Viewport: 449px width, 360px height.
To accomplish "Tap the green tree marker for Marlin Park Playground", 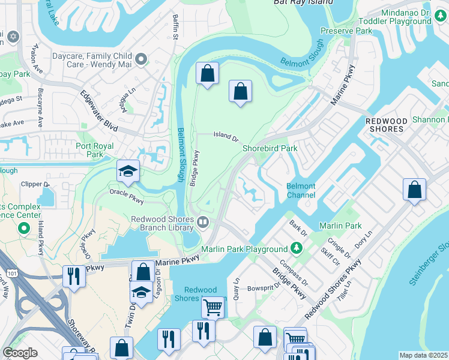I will tap(296, 248).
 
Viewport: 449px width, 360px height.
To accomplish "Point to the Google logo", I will tap(20, 353).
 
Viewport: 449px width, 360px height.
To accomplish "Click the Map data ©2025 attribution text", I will tap(423, 355).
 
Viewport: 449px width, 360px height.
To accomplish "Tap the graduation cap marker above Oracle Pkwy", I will tap(128, 172).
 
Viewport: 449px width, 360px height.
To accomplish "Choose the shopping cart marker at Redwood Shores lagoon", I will tap(212, 307).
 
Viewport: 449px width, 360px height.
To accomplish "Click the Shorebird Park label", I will tap(270, 148).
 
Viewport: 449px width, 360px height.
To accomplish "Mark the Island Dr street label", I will tap(226, 136).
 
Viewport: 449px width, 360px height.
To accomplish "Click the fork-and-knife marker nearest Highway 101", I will tap(73, 276).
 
